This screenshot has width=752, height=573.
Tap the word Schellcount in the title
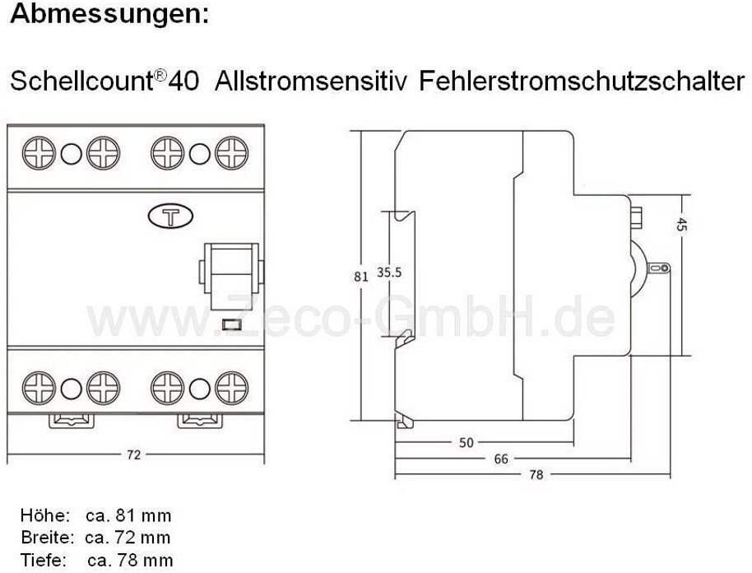pos(81,82)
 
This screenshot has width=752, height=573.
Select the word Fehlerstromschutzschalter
pos(581,82)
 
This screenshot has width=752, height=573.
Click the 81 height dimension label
pos(360,277)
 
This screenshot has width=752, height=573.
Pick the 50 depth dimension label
pos(467,443)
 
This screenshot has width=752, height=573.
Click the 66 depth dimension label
pos(500,459)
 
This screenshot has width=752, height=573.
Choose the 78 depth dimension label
pos(536,474)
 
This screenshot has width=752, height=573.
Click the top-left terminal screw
pos(39,153)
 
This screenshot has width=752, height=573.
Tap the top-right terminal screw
pos(232,153)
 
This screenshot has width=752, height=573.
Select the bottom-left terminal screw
pos(39,386)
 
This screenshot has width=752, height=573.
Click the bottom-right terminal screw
pos(232,386)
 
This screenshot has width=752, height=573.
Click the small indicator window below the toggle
pos(231,325)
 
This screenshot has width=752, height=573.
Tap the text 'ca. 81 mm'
pos(128,516)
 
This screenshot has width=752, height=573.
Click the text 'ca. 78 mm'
pos(129,561)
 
